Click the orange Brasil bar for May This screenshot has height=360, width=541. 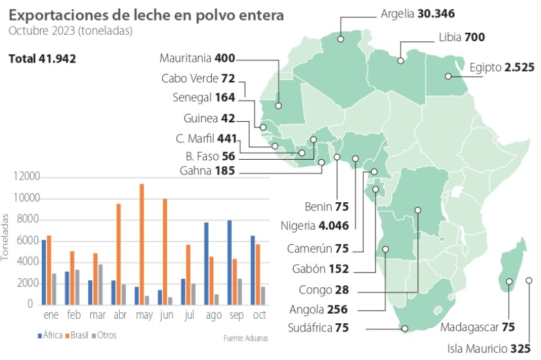[142, 244]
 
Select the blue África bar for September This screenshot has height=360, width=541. [229, 262]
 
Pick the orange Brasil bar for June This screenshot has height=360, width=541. [165, 251]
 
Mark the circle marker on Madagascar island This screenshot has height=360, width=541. [509, 281]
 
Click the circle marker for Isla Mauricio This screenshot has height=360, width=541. [529, 280]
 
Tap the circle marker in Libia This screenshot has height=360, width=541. [401, 61]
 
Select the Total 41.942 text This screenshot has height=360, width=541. [43, 59]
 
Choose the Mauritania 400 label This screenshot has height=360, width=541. [196, 59]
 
